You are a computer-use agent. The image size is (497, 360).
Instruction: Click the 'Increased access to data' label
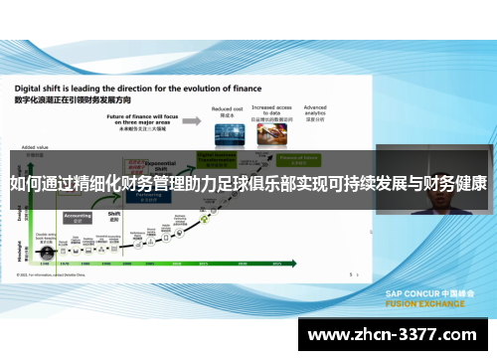270,110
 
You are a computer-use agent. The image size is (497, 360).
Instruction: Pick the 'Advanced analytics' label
315,108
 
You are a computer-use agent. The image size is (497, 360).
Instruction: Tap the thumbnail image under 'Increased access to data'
270,134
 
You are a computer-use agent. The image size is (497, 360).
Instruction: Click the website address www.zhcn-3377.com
397,333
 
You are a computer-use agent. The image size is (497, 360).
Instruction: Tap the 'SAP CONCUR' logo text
410,293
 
